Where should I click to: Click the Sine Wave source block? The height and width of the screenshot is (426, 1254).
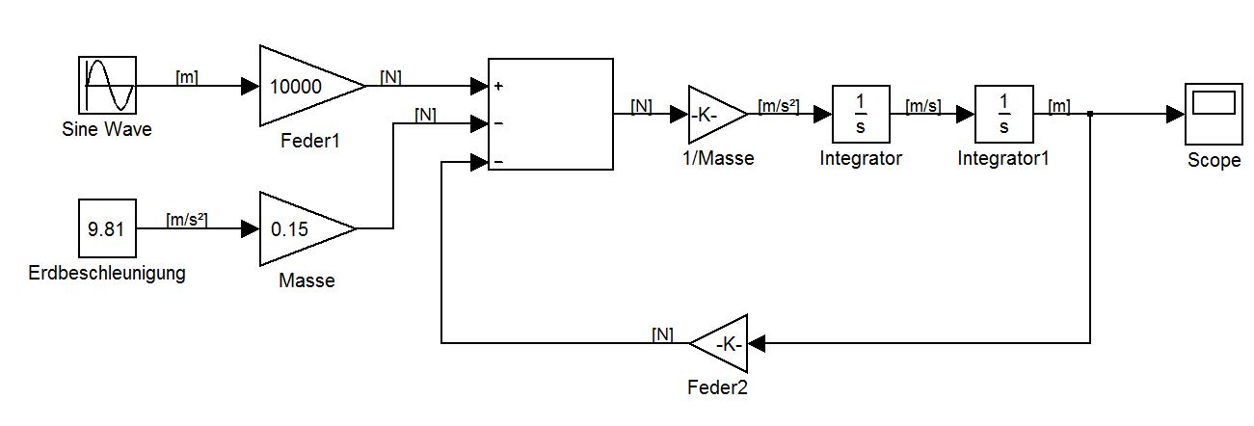pyautogui.click(x=106, y=86)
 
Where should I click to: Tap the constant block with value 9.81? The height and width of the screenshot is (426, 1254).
pyautogui.click(x=106, y=229)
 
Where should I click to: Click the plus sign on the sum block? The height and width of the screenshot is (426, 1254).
pyautogui.click(x=498, y=86)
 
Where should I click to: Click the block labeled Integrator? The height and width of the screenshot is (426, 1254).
pyautogui.click(x=860, y=114)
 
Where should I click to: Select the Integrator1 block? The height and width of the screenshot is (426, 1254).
pyautogui.click(x=1003, y=114)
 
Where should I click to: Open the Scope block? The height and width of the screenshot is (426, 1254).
pyautogui.click(x=1213, y=114)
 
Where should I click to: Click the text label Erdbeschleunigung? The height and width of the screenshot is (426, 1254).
pyautogui.click(x=107, y=273)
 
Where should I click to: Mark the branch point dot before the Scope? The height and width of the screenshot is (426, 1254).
pyautogui.click(x=1089, y=114)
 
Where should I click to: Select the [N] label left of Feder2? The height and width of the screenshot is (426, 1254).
pyautogui.click(x=662, y=334)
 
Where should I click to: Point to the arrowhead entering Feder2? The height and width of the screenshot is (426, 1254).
pyautogui.click(x=756, y=342)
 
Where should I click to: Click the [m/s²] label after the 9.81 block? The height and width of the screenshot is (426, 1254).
pyautogui.click(x=189, y=221)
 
